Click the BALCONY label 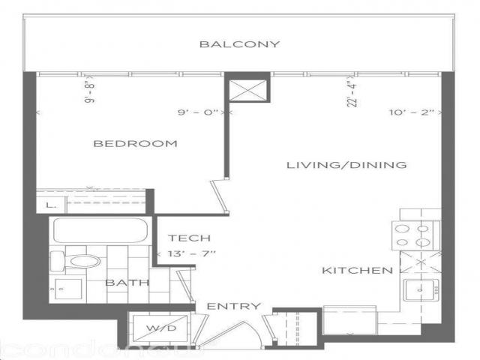pos(239,44)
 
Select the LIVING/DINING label pos(347,165)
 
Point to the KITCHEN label pos(358,270)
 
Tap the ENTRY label pos(234,306)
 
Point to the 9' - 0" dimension pos(199,112)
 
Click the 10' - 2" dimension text pos(413,112)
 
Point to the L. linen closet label pos(49,203)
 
